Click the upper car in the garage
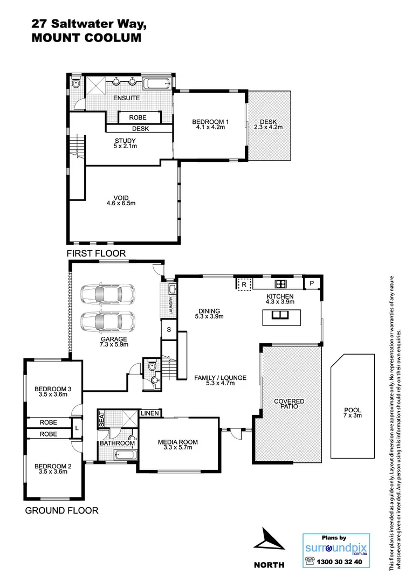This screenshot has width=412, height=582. pyautogui.click(x=108, y=294)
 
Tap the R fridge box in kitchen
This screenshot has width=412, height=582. pyautogui.click(x=244, y=283)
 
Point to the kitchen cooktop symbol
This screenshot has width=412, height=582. pyautogui.click(x=280, y=283)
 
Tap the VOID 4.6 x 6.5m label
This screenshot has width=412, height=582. pyautogui.click(x=120, y=200)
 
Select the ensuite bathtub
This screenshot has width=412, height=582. pyautogui.click(x=157, y=84)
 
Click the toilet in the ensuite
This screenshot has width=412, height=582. pyautogui.click(x=76, y=84)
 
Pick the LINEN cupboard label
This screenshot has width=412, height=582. pyautogui.click(x=149, y=413)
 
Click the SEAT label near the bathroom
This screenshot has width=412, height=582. pyautogui.click(x=101, y=418)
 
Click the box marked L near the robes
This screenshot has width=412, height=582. pyautogui.click(x=78, y=428)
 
